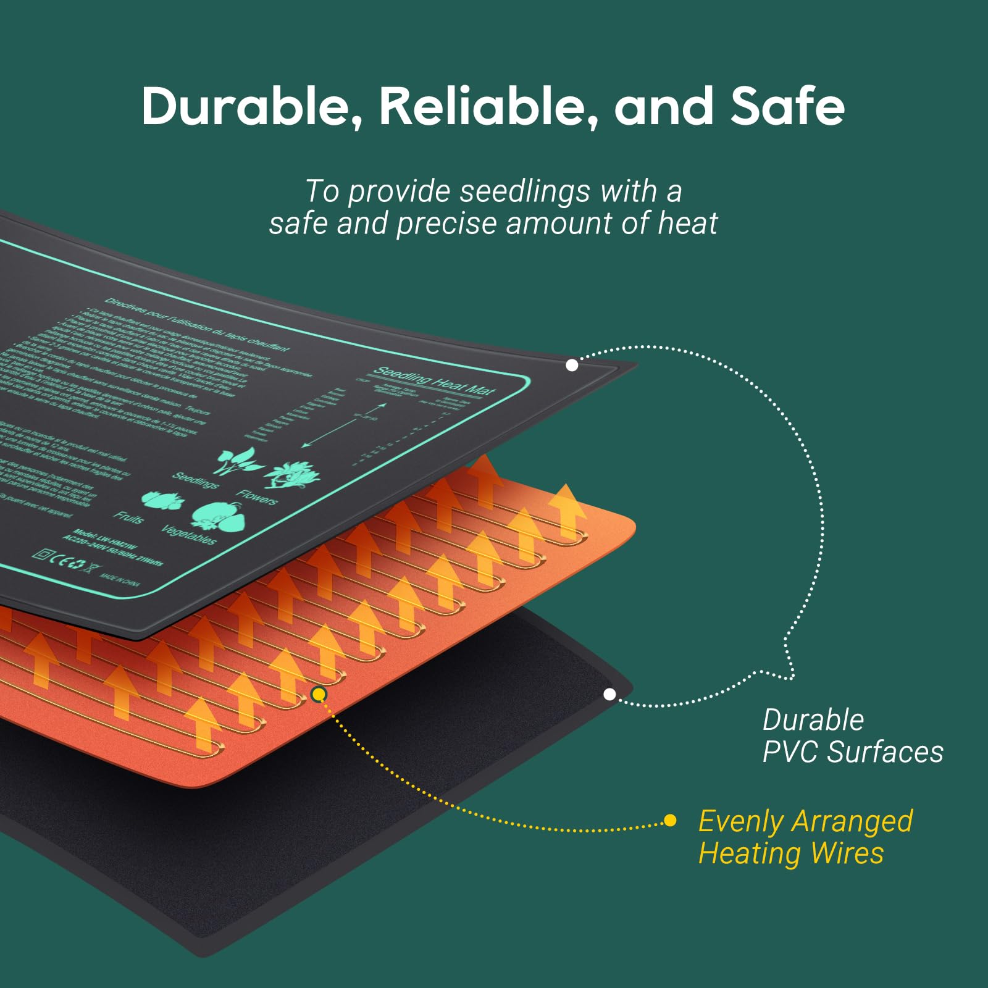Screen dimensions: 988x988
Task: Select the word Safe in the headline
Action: (787, 106)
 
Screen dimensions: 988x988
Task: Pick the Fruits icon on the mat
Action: (162, 500)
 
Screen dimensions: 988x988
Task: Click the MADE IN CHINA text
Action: (120, 579)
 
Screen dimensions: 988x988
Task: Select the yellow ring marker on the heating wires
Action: (319, 695)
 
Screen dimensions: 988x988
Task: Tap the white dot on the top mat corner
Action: (572, 365)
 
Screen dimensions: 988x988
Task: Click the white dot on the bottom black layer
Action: (609, 695)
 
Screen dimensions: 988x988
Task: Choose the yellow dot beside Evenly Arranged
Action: (669, 821)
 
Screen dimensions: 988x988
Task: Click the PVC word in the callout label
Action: (791, 752)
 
